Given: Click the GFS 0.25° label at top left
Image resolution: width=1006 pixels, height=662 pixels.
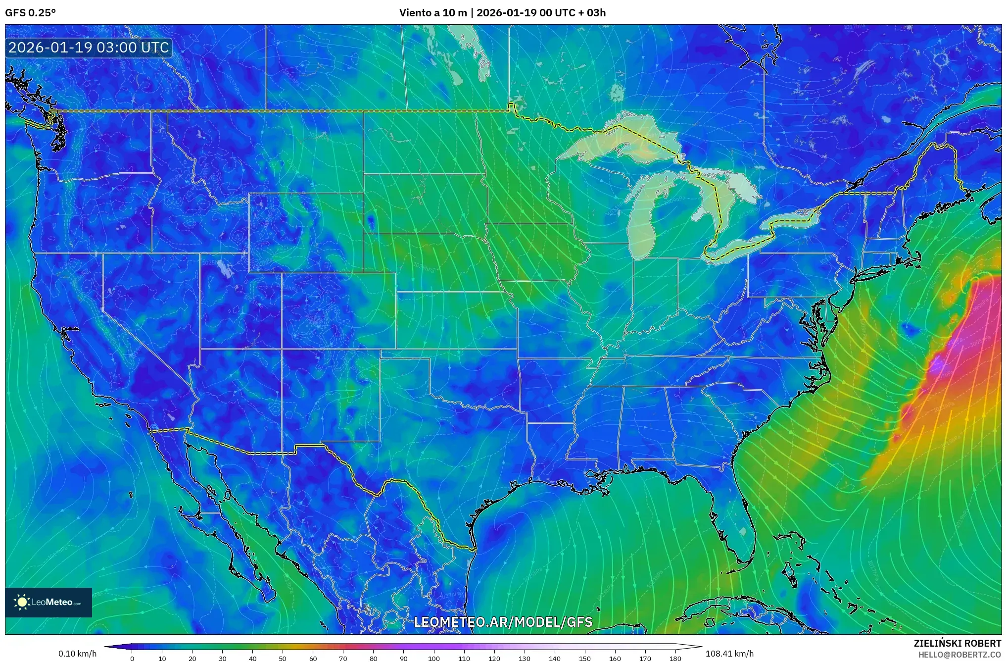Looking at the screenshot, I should pos(30,13).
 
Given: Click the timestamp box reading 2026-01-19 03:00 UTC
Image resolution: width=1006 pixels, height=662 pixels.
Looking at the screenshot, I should pos(89,48).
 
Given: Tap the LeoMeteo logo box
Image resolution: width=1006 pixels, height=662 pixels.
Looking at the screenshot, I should pos(48,602).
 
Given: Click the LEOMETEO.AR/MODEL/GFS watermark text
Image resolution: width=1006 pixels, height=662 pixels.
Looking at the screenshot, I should pos(503,622).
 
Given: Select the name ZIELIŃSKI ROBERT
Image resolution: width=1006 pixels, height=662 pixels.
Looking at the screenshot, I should pos(957,643).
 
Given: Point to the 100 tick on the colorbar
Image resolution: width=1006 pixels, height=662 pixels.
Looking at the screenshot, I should pos(434,658).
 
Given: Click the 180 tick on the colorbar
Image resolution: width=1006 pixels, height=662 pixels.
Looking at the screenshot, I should pos(675,658).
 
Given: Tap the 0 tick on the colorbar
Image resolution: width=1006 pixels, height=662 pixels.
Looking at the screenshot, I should pos(132,658).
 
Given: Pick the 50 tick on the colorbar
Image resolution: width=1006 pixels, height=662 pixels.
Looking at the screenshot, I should pos(283,658).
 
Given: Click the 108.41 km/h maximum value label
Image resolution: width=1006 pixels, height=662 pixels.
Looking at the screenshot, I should pos(729,654).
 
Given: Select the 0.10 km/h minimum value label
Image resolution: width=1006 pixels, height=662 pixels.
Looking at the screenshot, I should pos(77,654).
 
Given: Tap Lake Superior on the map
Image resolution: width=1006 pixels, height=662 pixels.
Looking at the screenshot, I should pos(614,141).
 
